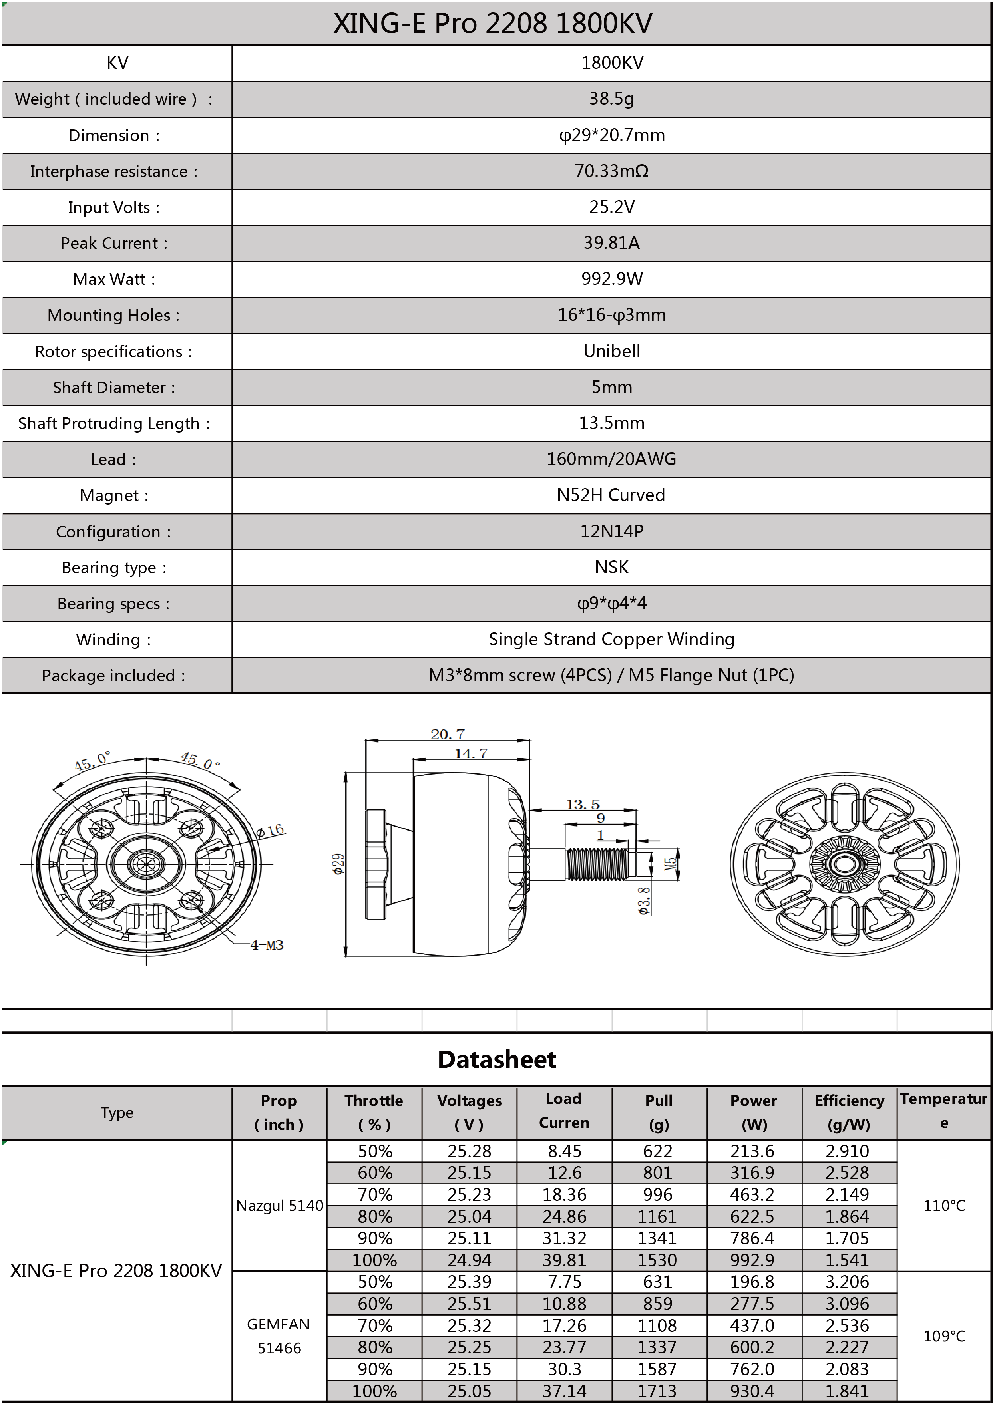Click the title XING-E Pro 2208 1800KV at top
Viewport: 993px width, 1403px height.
[492, 23]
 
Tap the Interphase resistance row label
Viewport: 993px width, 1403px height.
[114, 171]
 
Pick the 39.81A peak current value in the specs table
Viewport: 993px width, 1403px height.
[611, 243]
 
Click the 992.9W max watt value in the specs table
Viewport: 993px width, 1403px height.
[611, 279]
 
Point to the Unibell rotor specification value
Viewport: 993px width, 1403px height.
[611, 351]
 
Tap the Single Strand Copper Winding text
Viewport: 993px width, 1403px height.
[611, 639]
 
